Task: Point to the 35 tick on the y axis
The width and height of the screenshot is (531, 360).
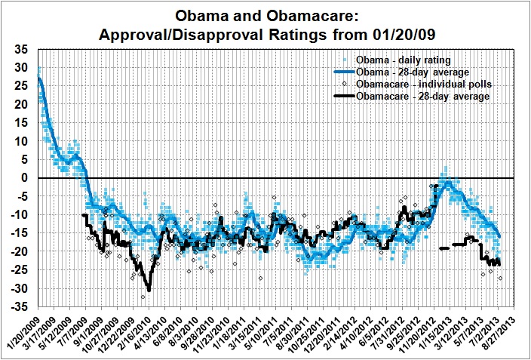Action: click(21, 49)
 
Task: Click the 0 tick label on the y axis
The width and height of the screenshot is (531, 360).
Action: click(24, 178)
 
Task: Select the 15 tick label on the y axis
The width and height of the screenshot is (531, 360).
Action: click(21, 123)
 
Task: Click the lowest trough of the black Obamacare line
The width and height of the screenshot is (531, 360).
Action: click(149, 290)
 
